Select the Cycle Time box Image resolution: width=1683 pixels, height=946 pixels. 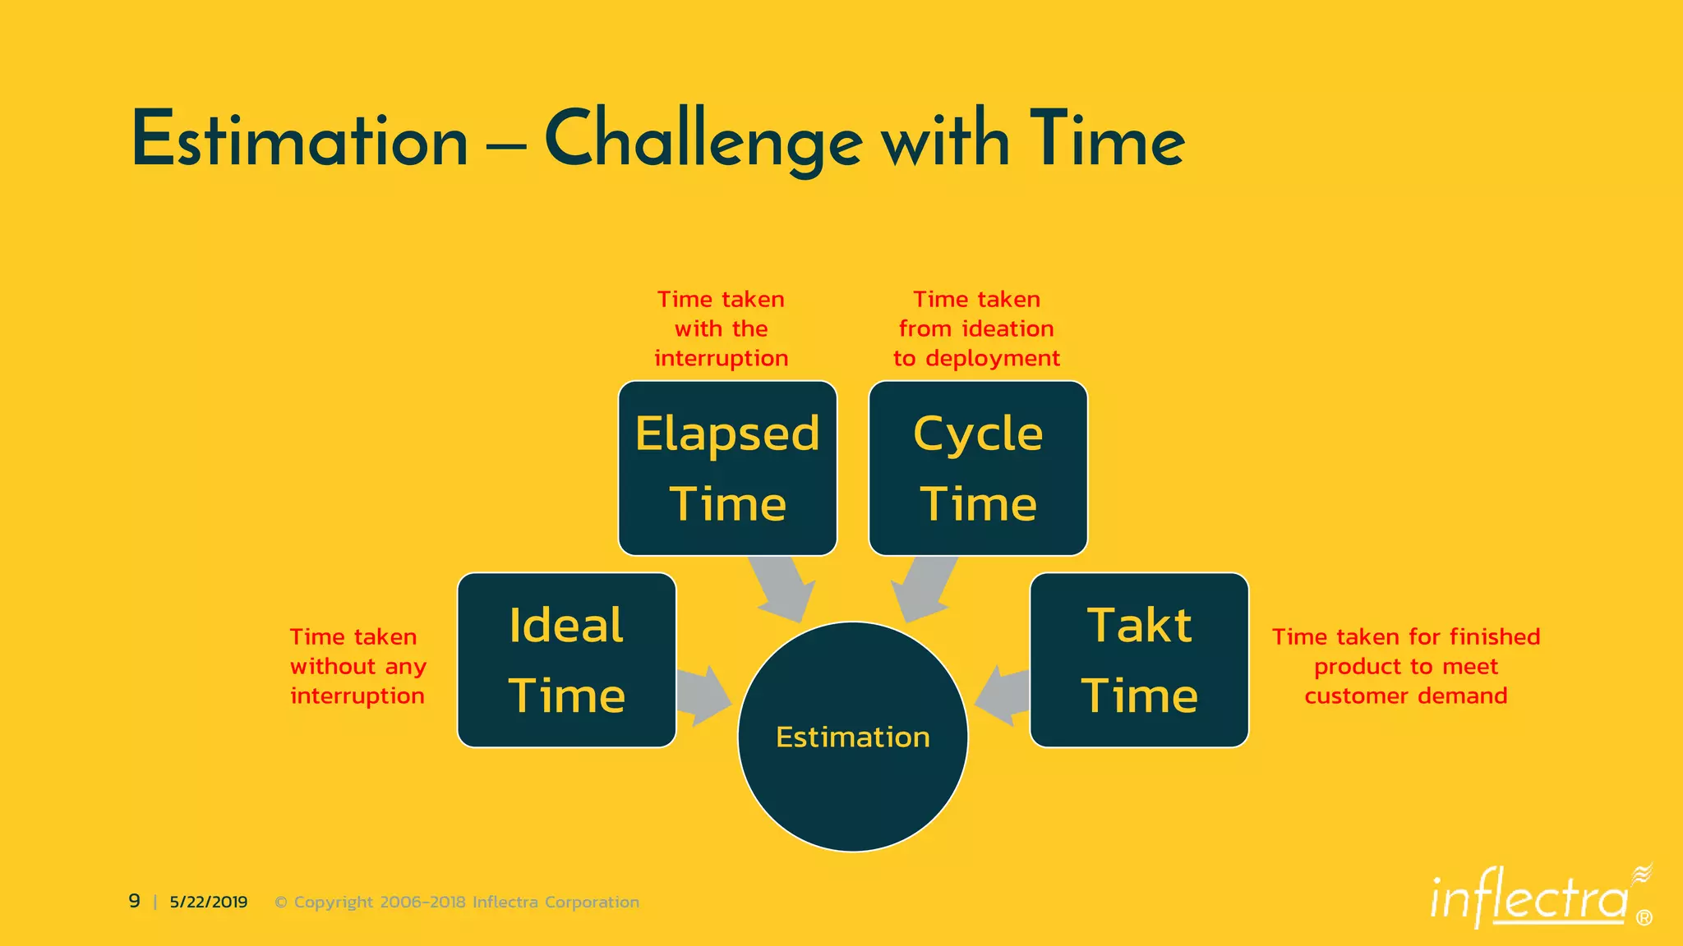click(978, 468)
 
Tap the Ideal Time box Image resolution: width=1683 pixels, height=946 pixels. click(566, 660)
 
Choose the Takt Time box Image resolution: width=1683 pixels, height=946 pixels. click(1139, 660)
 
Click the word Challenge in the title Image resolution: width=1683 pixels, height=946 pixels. click(703, 141)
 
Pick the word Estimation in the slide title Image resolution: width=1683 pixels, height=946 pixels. click(300, 141)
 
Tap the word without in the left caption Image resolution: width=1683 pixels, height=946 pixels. click(333, 666)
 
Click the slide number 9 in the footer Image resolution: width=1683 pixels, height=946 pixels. click(135, 901)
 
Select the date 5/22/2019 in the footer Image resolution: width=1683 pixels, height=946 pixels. click(209, 902)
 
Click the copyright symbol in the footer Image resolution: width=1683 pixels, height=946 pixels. click(281, 902)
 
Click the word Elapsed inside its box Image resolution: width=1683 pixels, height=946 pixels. click(727, 434)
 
